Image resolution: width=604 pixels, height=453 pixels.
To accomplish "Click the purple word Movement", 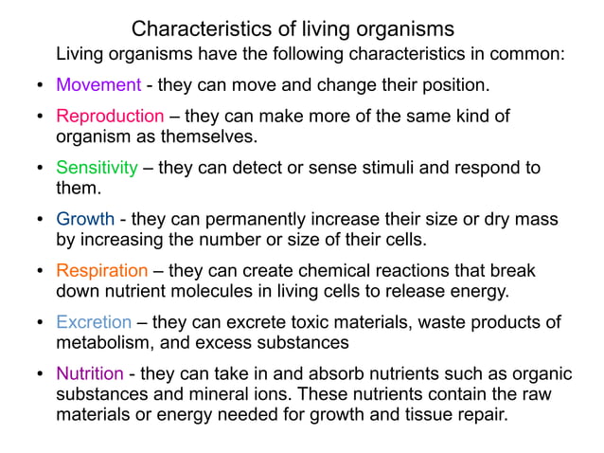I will pos(98,85).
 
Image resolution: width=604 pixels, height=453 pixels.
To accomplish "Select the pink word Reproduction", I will pos(110,117).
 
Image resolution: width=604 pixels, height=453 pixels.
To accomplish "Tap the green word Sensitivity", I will pos(97,168).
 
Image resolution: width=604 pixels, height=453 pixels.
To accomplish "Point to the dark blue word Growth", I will pos(85,220).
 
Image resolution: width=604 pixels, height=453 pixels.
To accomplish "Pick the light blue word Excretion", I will pos(94,322).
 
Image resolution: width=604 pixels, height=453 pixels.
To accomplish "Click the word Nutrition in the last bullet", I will pos(90,373).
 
